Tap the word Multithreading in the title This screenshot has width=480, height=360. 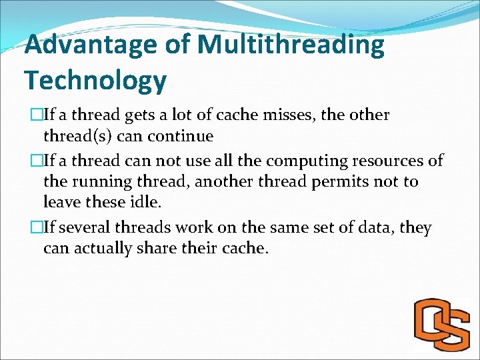291,45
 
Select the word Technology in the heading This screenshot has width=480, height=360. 95,81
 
